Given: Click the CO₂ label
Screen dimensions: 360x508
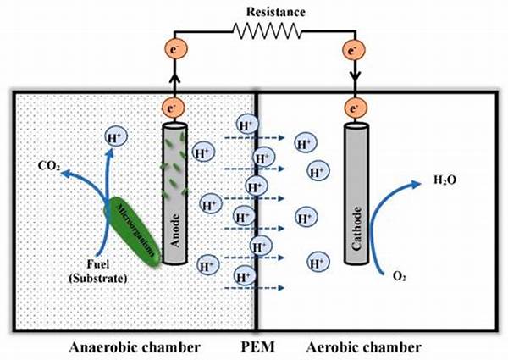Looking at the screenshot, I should pyautogui.click(x=47, y=167).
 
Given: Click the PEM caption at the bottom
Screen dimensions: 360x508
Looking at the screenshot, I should pyautogui.click(x=255, y=347).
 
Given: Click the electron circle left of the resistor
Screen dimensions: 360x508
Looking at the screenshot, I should pyautogui.click(x=176, y=51).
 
